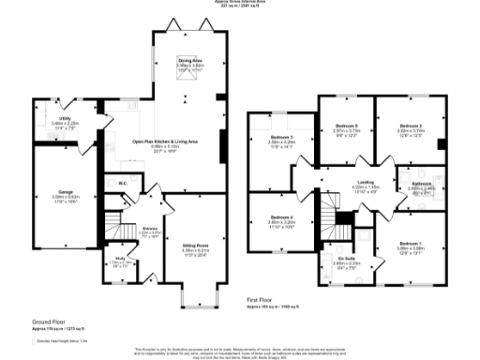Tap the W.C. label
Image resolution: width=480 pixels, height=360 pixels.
coord(123,183)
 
